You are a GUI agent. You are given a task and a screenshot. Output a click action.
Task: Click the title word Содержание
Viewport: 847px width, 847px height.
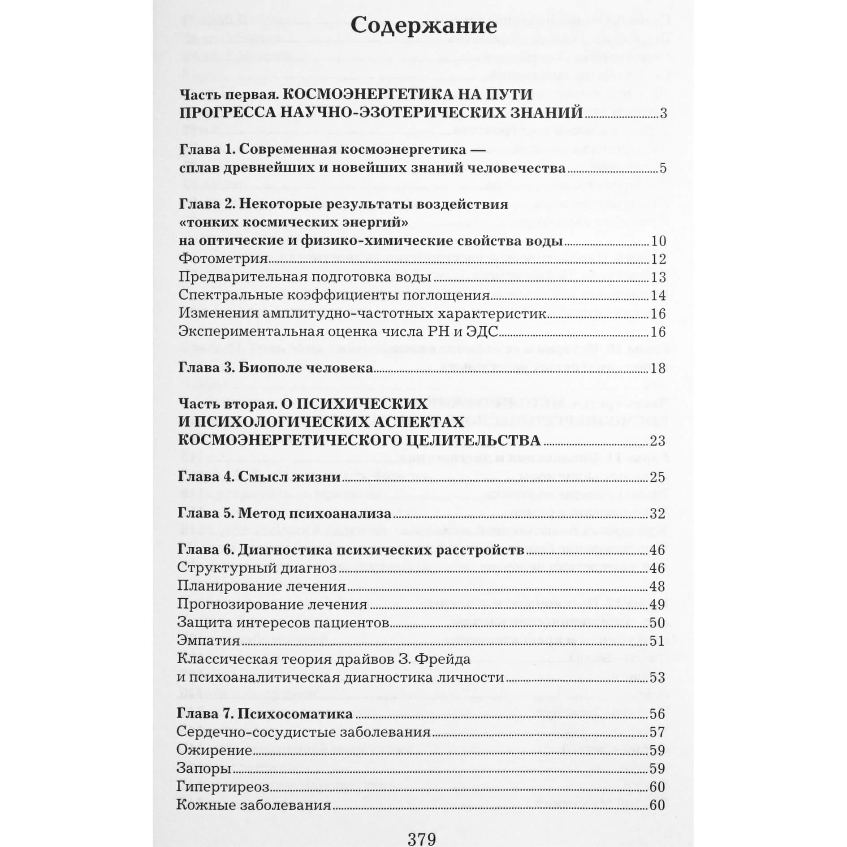[423, 26]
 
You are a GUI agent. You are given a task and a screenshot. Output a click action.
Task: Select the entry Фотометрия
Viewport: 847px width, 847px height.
[223, 259]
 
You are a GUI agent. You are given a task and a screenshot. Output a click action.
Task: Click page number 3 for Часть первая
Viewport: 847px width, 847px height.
[663, 113]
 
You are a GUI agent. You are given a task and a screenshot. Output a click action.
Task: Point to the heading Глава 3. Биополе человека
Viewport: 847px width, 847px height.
[276, 368]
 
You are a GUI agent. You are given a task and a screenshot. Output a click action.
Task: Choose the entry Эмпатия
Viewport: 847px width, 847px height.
[209, 640]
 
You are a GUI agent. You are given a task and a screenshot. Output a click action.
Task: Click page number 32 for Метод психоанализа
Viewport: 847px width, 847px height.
[657, 513]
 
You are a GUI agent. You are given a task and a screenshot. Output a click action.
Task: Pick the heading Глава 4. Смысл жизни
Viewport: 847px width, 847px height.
[259, 477]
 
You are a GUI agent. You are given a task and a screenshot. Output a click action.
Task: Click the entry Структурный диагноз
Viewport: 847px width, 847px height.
[257, 568]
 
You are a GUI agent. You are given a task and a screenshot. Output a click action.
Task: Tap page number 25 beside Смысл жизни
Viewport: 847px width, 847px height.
[657, 477]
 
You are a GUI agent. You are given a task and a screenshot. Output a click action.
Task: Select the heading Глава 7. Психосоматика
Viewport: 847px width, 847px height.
[265, 713]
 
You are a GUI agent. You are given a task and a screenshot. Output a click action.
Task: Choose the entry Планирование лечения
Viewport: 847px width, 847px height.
[261, 586]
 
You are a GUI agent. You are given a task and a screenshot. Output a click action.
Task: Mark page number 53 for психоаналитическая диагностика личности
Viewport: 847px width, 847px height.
[657, 677]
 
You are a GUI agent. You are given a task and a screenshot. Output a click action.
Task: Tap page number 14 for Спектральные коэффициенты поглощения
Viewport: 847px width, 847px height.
[658, 296]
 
